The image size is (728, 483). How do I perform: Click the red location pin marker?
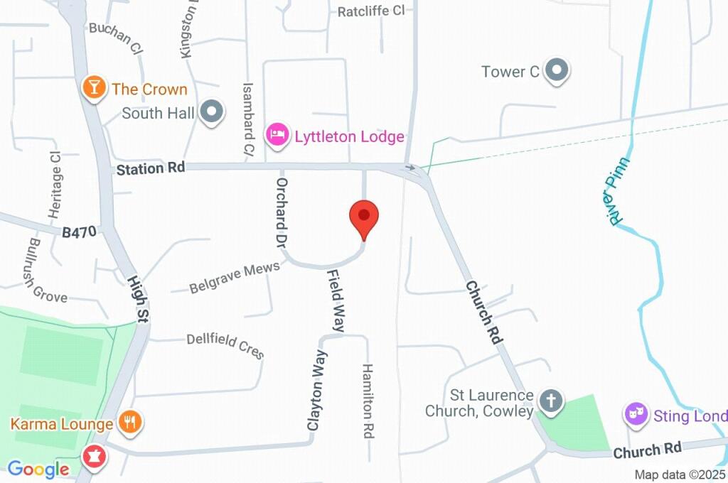click(364, 216)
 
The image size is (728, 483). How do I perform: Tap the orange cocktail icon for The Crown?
click(92, 88)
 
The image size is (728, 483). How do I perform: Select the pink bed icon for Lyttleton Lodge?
click(277, 134)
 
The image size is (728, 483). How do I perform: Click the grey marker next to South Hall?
click(211, 112)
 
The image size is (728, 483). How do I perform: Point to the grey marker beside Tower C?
click(558, 70)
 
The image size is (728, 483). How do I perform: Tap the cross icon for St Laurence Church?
click(550, 401)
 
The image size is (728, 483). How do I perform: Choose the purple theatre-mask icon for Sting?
click(635, 413)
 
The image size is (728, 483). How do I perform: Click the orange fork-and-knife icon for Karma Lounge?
click(129, 423)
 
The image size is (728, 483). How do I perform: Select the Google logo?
click(38, 469)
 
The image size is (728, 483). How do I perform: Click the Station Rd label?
click(151, 168)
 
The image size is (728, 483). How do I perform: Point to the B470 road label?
click(78, 232)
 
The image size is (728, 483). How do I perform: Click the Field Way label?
click(335, 300)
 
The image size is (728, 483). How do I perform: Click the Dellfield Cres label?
click(225, 346)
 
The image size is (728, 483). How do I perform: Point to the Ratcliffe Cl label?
click(370, 11)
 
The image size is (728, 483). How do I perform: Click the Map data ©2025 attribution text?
click(680, 474)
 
